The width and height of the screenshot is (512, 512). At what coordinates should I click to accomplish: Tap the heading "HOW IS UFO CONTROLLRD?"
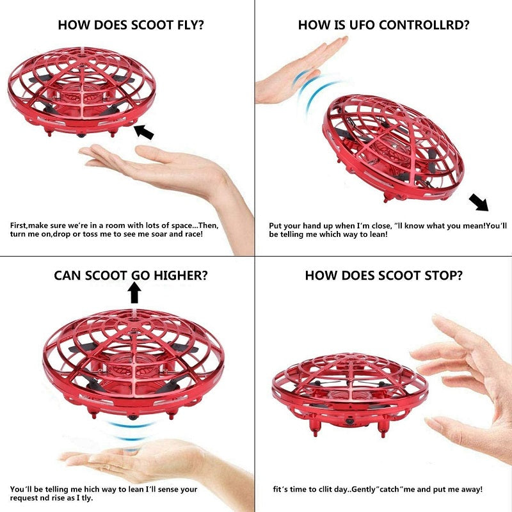coord(384,26)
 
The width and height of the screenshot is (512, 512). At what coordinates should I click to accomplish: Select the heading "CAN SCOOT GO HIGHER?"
coord(131,276)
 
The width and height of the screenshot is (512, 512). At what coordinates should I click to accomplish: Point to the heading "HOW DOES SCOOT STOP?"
coord(384,276)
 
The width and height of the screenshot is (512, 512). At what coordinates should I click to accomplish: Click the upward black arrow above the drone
coord(134,292)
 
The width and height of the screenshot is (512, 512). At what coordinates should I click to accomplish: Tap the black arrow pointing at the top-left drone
coord(144,132)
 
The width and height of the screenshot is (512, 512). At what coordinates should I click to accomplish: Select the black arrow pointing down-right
coord(479,202)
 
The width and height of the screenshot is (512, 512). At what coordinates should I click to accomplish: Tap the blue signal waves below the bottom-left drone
coord(132,430)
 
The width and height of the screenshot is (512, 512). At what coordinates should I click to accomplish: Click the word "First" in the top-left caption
coord(20,225)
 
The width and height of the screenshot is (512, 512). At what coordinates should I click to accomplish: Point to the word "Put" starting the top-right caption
coord(276,225)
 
